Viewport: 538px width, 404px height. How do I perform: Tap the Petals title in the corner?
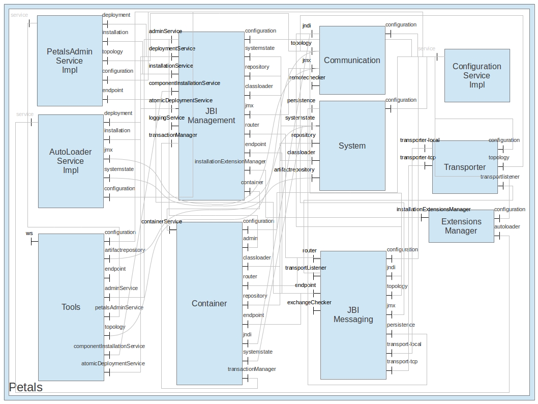pos(26,387)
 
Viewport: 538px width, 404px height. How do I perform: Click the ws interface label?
pos(29,234)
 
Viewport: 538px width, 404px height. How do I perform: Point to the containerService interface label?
pos(161,222)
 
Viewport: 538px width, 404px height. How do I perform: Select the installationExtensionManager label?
pos(230,162)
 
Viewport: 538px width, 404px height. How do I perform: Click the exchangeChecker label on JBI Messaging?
pos(309,303)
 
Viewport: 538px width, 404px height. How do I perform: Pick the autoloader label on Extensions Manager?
pos(507,227)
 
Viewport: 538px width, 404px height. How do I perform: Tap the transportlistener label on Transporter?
pos(500,177)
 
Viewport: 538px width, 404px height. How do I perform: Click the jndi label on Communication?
pos(307,25)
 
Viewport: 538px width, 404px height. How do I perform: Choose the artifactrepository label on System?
pos(294,170)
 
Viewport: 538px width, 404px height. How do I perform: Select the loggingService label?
pos(167,118)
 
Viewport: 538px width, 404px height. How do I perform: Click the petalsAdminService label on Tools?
pos(119,308)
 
